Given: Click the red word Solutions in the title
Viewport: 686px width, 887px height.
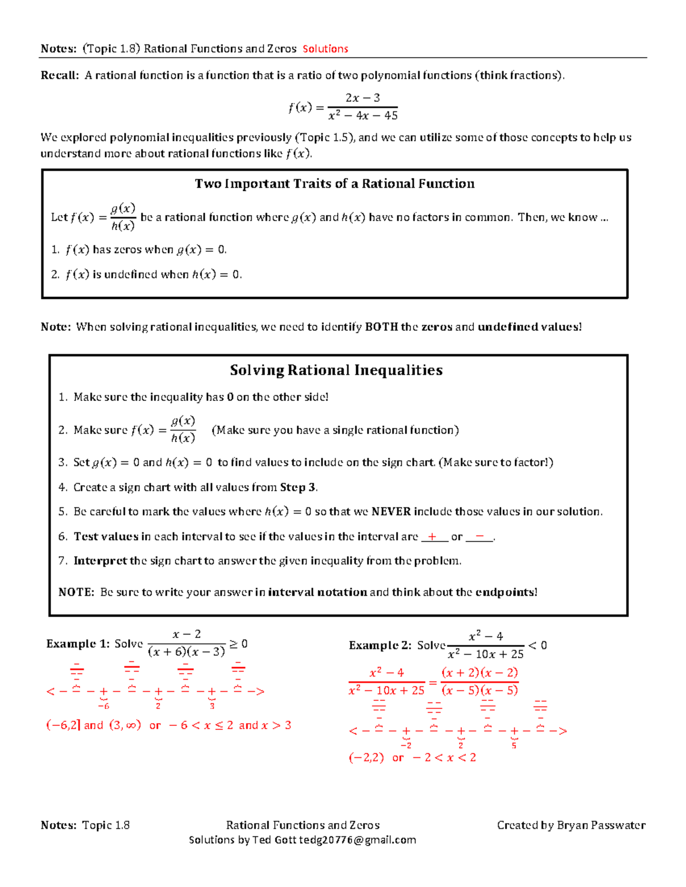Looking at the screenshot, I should [x=325, y=49].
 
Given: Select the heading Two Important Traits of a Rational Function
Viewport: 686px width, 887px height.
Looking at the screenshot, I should [x=334, y=184].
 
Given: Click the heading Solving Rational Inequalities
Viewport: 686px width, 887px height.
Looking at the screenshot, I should [x=336, y=370].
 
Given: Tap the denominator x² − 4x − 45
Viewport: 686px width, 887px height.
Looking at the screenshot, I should [x=363, y=116].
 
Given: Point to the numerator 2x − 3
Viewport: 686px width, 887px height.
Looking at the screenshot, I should [x=363, y=98].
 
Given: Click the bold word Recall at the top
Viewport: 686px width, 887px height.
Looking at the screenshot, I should [x=59, y=75].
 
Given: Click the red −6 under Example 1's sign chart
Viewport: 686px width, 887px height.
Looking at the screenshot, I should [x=103, y=706].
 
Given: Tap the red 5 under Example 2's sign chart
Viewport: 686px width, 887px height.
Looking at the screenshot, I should [x=514, y=745].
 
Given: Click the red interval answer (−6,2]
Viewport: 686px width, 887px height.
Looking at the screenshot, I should [x=63, y=725].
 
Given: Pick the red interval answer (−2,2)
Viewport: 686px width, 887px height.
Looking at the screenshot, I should [x=366, y=758].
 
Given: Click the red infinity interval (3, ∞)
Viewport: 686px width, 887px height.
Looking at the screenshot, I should [x=125, y=725].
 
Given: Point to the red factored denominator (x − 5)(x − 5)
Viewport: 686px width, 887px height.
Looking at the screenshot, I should [x=480, y=691].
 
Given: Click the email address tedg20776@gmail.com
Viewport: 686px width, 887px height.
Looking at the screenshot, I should [x=357, y=840].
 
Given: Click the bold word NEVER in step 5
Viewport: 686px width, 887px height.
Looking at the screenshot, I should [x=391, y=512].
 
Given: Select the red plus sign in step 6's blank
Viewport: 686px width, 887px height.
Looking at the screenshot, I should [x=433, y=536].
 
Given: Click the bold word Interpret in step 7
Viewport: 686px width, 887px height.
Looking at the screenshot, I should [x=100, y=561].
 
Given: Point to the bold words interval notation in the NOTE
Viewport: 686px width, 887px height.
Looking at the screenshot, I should [x=317, y=592].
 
